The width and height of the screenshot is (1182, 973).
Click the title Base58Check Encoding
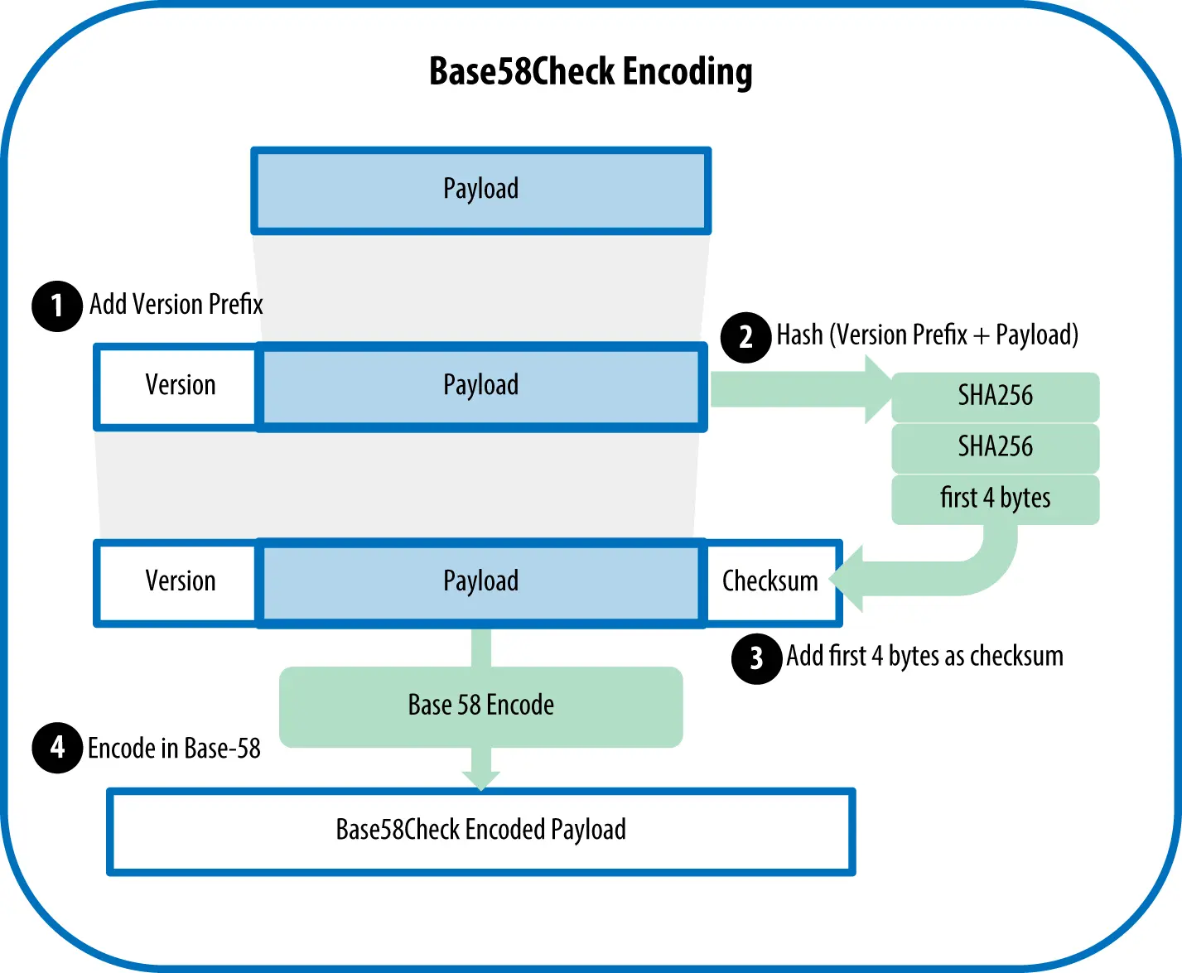(x=591, y=71)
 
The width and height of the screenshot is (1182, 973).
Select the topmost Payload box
(x=481, y=190)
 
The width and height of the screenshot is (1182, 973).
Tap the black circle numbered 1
(x=56, y=306)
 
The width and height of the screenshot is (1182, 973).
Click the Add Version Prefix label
(x=176, y=305)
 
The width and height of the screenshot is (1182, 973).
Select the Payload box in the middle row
(x=481, y=387)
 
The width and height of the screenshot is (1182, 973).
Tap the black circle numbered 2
(x=745, y=337)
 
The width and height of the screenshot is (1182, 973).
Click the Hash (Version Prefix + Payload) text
(x=927, y=335)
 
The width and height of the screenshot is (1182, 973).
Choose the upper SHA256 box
(x=995, y=397)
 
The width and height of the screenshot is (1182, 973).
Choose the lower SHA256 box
(x=995, y=448)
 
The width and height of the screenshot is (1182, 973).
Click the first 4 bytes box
(x=995, y=499)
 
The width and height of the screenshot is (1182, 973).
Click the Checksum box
(x=770, y=582)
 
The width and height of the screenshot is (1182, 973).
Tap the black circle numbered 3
(x=756, y=658)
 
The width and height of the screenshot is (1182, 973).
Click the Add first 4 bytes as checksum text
(x=924, y=657)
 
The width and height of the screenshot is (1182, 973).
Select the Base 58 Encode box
(x=481, y=706)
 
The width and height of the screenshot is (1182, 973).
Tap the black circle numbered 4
(x=56, y=748)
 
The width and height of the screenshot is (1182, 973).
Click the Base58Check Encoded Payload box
(x=481, y=831)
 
